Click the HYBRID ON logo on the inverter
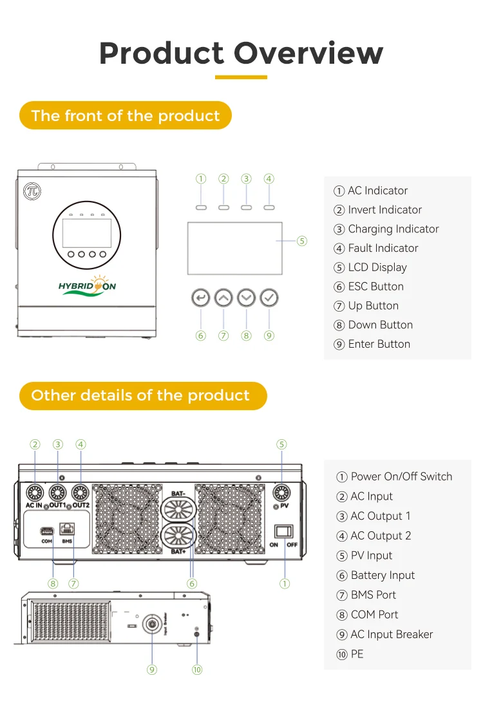point(87,286)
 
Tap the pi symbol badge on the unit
point(32,191)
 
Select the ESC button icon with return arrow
point(201,297)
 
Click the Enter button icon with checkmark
point(269,297)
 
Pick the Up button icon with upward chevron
point(223,297)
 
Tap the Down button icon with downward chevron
point(246,297)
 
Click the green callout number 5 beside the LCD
point(302,241)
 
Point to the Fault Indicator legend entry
point(376,248)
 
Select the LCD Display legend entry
point(370,267)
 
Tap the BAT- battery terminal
point(178,510)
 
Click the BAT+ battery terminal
point(178,536)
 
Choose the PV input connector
point(281,493)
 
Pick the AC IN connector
point(35,493)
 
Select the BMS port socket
point(67,529)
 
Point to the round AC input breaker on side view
point(152,623)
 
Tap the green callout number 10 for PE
point(197,670)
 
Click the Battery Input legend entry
point(375,576)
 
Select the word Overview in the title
point(308,53)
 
